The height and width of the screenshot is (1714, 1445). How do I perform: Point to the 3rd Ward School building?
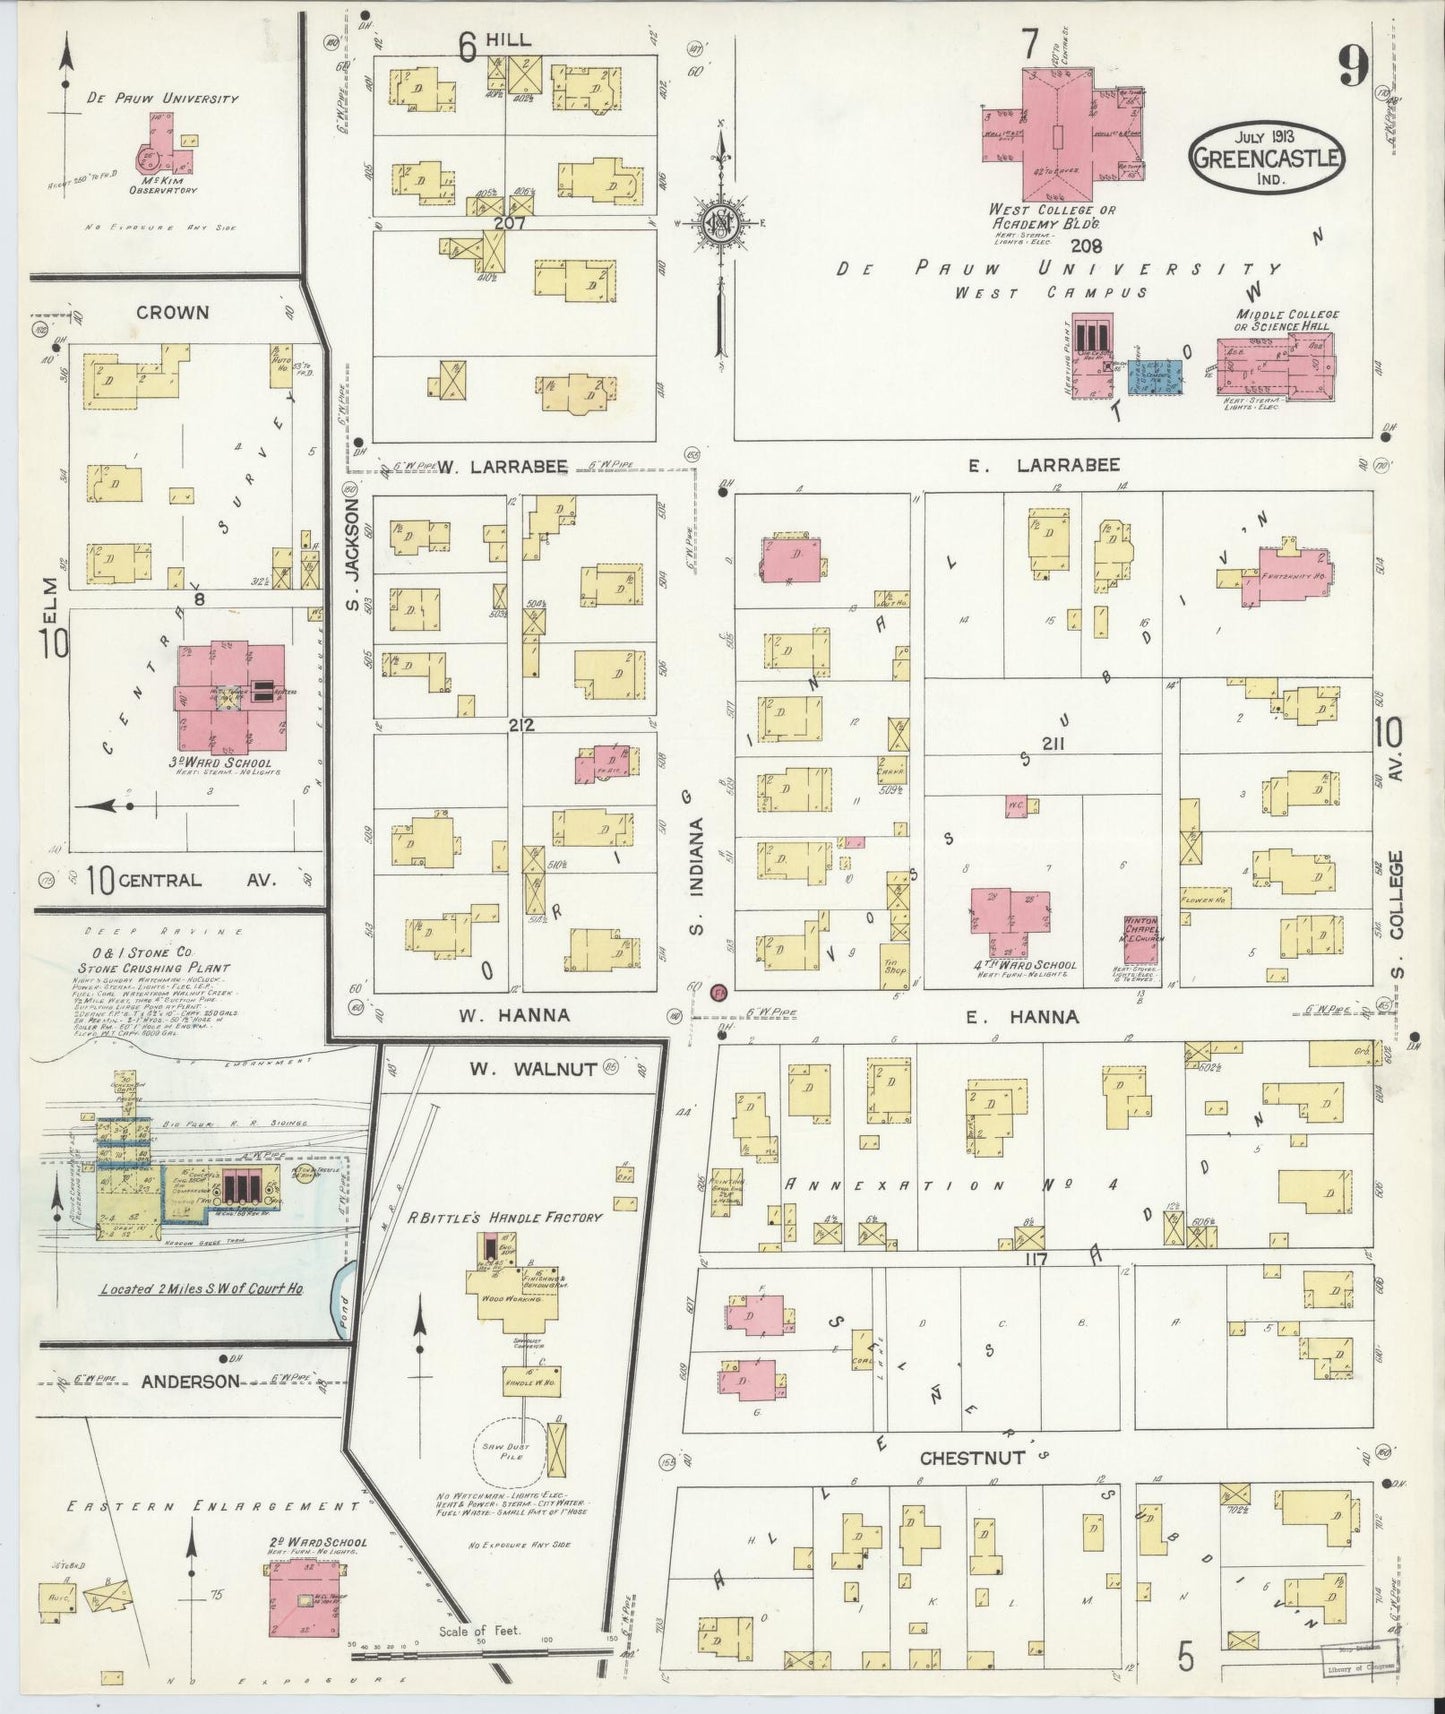tap(230, 698)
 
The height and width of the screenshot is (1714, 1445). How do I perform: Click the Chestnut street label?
tap(971, 1458)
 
